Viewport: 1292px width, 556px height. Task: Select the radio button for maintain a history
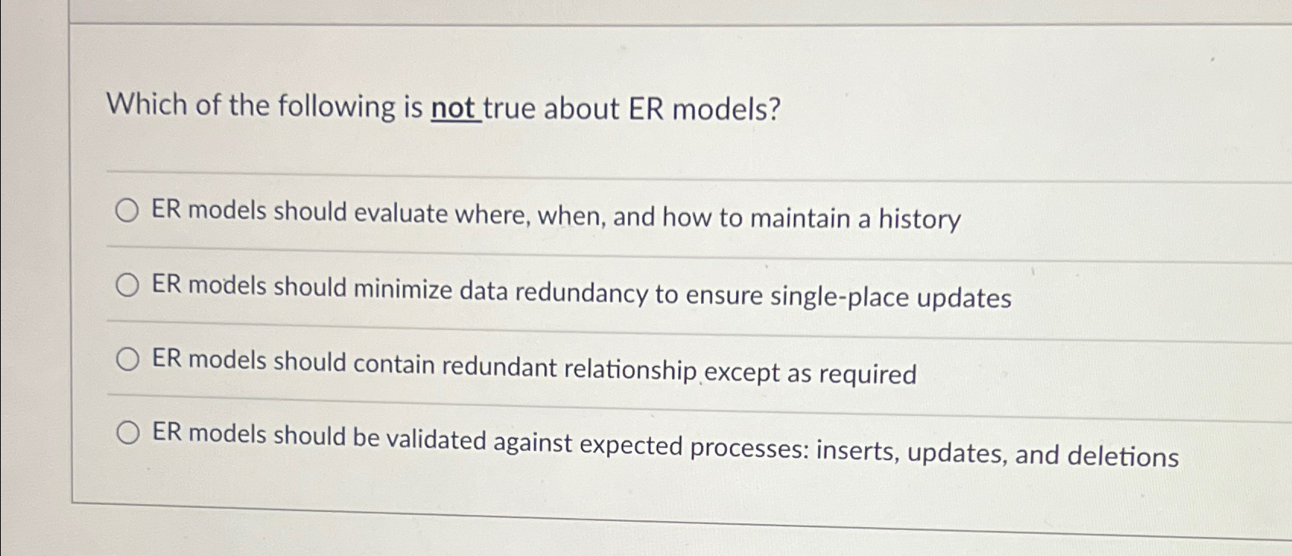click(x=127, y=211)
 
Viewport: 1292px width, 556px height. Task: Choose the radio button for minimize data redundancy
click(x=127, y=285)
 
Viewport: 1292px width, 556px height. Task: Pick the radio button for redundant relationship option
click(x=127, y=359)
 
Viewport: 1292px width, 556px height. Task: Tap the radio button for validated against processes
click(x=128, y=433)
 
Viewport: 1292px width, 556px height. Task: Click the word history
click(x=919, y=220)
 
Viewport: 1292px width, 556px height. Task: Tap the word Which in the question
click(x=147, y=103)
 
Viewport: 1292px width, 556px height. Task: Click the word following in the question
click(x=337, y=106)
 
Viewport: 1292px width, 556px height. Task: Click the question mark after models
click(x=774, y=111)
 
